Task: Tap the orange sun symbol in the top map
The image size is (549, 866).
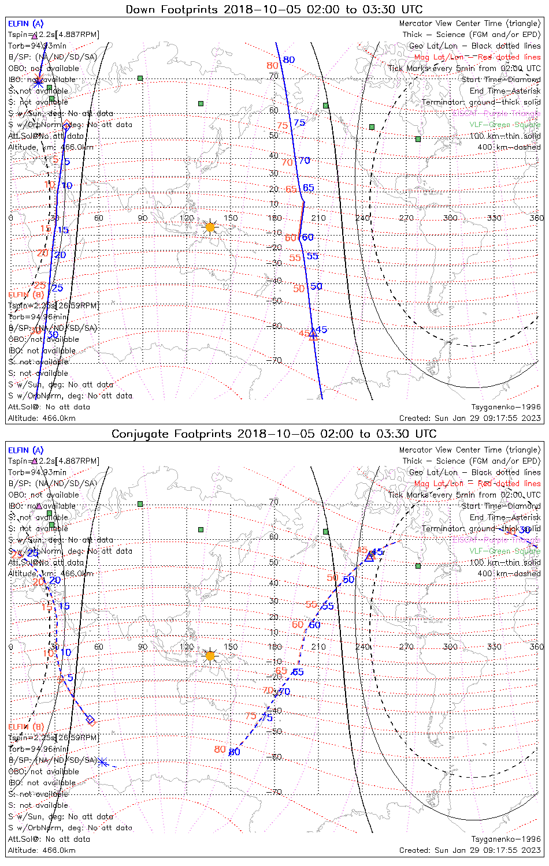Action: pos(210,227)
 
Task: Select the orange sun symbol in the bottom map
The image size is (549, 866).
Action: pos(210,655)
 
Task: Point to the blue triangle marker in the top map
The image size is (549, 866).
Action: pos(313,333)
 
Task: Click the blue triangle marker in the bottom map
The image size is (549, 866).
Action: pos(369,557)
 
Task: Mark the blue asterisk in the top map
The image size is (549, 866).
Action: pos(38,82)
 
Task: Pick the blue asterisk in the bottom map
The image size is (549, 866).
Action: pos(102,762)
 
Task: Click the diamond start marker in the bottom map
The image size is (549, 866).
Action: pos(90,719)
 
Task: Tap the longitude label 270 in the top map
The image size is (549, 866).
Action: pos(406,218)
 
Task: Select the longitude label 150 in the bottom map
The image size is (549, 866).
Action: pos(231,647)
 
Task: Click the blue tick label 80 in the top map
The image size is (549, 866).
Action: pos(289,59)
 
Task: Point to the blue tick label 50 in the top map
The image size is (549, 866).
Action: pos(316,286)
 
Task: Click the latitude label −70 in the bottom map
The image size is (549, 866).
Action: pos(275,792)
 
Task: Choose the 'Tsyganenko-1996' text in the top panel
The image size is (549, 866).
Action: pos(506,406)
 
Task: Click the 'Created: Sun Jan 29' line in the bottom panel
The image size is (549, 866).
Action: pos(469,850)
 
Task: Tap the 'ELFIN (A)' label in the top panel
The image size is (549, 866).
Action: pos(25,24)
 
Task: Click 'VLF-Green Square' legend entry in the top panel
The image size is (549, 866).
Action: pos(505,124)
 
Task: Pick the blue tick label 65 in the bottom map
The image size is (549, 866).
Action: pos(298,672)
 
